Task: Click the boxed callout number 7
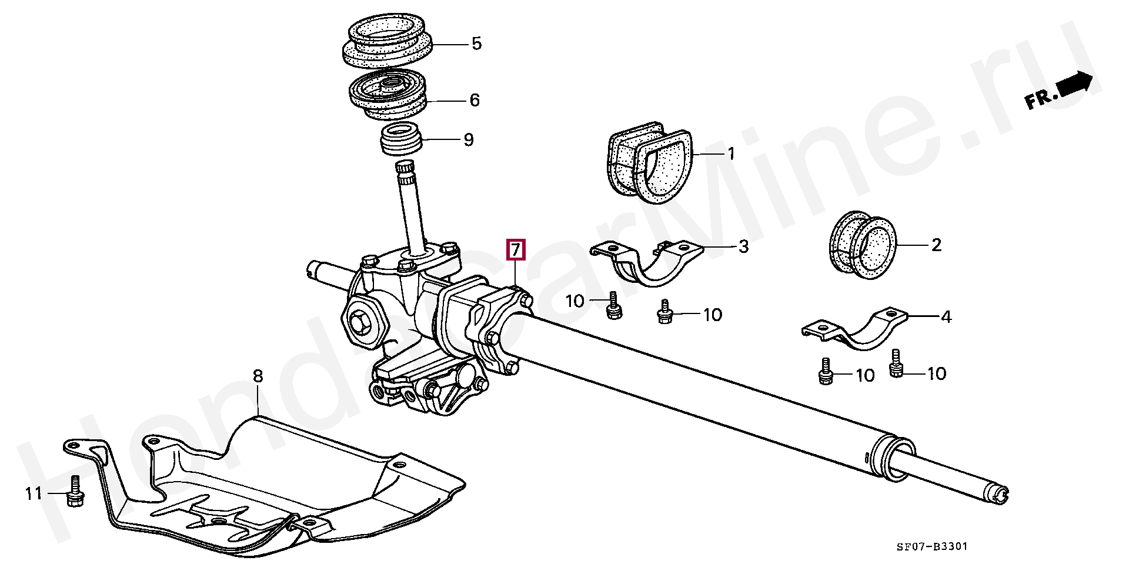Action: [x=515, y=249]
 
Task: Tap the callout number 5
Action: [x=476, y=44]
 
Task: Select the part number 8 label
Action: [x=258, y=376]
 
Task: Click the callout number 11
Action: [x=34, y=493]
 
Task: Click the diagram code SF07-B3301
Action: [x=931, y=548]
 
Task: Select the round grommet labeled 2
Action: [x=862, y=247]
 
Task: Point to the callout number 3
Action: [x=743, y=247]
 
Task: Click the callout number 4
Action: [x=946, y=318]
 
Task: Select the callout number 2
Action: [x=936, y=245]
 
